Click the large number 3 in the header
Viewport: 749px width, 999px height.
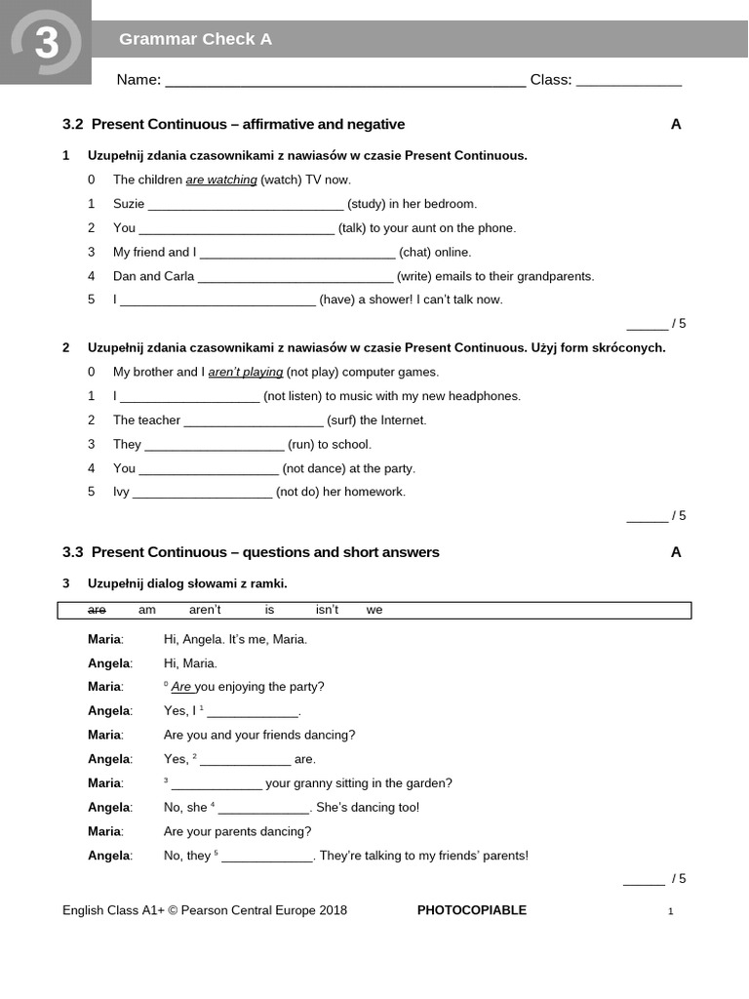pyautogui.click(x=46, y=44)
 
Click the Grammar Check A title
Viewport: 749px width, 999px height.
pyautogui.click(x=195, y=39)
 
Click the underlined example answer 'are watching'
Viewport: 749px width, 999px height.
pyautogui.click(x=221, y=180)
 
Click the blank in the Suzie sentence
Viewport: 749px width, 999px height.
pyautogui.click(x=246, y=205)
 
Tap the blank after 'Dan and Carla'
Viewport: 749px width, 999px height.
pyautogui.click(x=295, y=277)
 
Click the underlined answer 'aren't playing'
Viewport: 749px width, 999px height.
pyautogui.click(x=246, y=373)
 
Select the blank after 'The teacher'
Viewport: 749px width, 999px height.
pyautogui.click(x=254, y=421)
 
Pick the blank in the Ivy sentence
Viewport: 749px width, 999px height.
pyautogui.click(x=202, y=493)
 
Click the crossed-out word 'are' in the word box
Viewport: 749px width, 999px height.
pyautogui.click(x=97, y=610)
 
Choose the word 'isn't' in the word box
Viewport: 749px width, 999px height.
pyautogui.click(x=327, y=610)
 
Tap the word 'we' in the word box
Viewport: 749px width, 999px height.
pyautogui.click(x=374, y=610)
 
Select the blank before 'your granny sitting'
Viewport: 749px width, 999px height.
pyautogui.click(x=217, y=784)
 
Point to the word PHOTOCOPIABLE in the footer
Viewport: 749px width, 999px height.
pyautogui.click(x=471, y=911)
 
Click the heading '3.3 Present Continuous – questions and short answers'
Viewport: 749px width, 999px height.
pyautogui.click(x=251, y=553)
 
